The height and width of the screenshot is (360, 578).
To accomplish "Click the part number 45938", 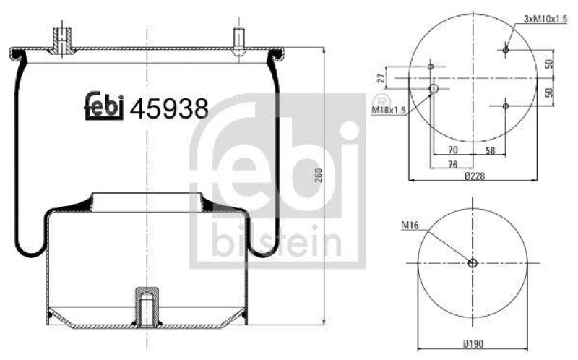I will pyautogui.click(x=169, y=108).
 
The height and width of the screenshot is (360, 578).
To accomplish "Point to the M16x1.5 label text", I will pyautogui.click(x=389, y=109).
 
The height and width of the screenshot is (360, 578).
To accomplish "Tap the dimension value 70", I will pyautogui.click(x=452, y=150).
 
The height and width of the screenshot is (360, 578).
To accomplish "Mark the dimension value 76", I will pyautogui.click(x=452, y=164).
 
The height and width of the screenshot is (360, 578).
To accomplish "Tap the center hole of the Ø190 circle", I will pyautogui.click(x=473, y=263).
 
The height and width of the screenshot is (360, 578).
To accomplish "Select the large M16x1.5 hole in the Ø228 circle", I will pyautogui.click(x=433, y=89).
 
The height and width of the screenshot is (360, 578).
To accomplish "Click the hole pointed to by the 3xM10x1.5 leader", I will pyautogui.click(x=506, y=49).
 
